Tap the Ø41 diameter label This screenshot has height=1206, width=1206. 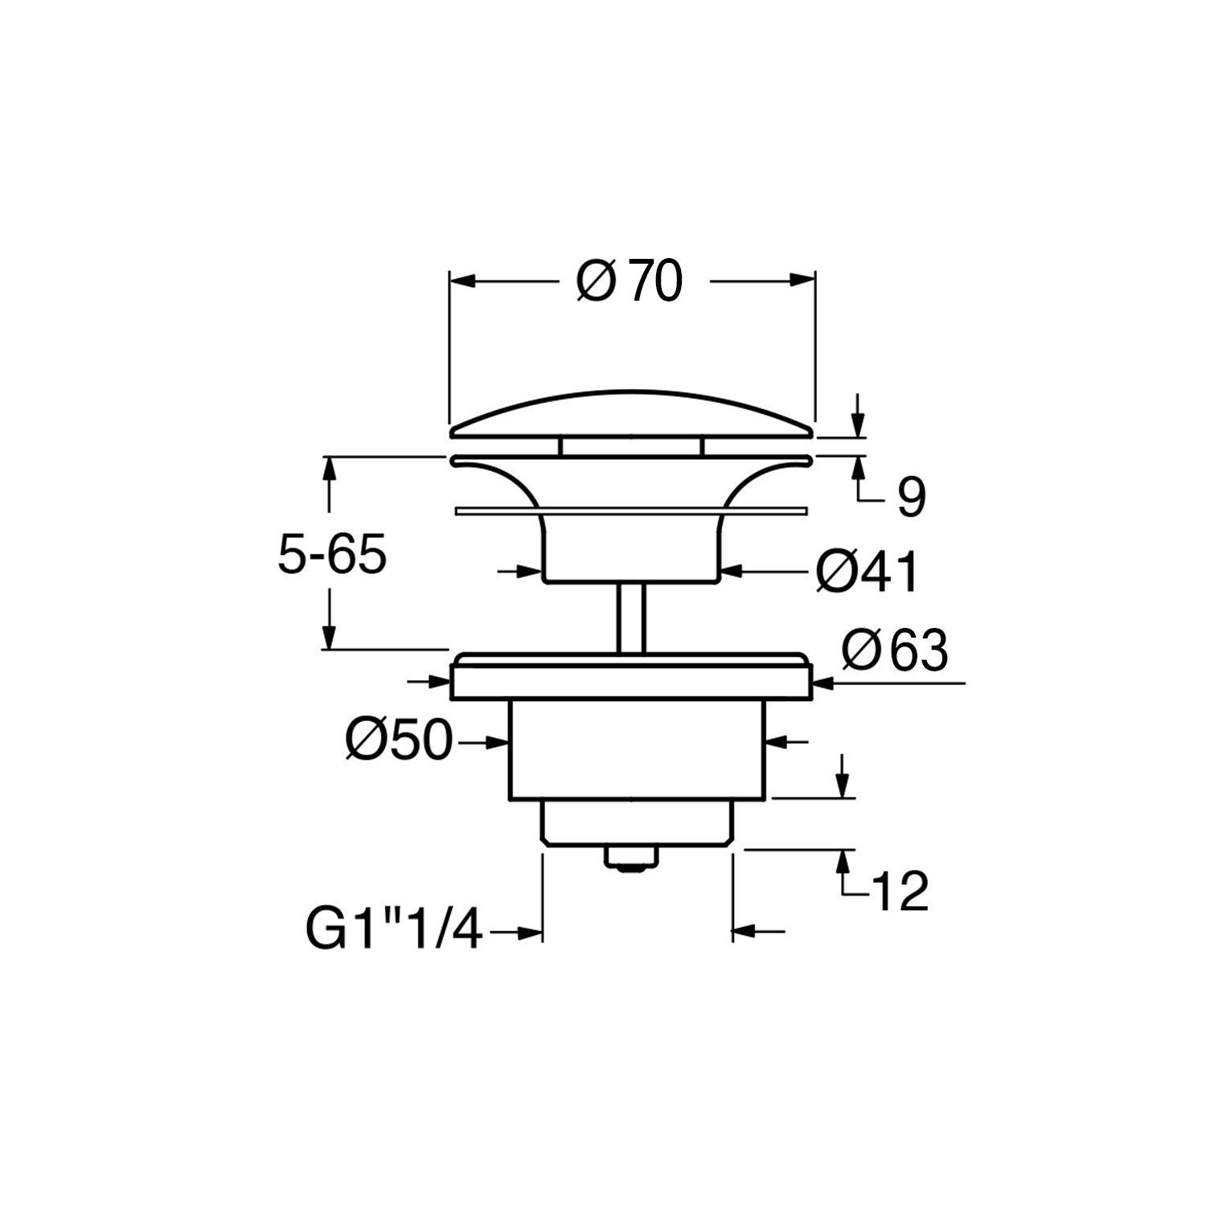pyautogui.click(x=867, y=573)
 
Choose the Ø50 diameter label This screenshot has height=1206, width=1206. pyautogui.click(x=400, y=740)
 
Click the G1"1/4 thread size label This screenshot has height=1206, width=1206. pyautogui.click(x=393, y=933)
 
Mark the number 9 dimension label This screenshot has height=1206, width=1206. pyautogui.click(x=911, y=499)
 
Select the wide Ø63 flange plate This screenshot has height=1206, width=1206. pyautogui.click(x=633, y=680)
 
